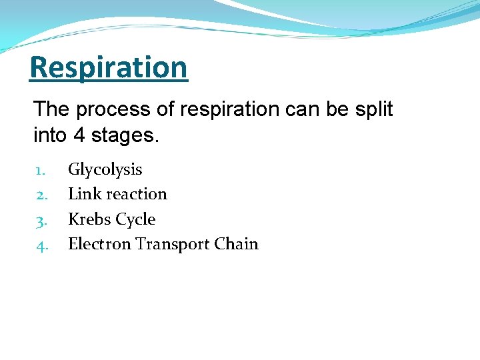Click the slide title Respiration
tap(109, 67)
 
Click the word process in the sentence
tap(101, 109)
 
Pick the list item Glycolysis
tap(105, 170)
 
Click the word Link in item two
tap(83, 194)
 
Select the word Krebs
tap(89, 219)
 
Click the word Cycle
tap(135, 219)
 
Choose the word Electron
tap(99, 244)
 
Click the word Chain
tap(236, 244)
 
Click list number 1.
tap(39, 170)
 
